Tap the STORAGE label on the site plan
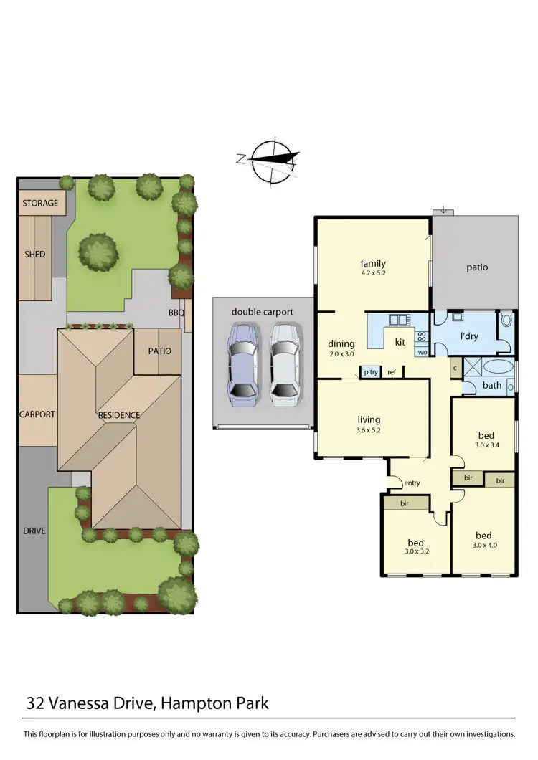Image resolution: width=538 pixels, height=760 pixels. coord(40,203)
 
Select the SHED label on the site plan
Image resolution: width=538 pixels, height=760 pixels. coord(34,254)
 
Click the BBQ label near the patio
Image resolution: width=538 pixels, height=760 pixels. coord(176,313)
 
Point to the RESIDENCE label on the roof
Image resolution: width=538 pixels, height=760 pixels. coord(119,414)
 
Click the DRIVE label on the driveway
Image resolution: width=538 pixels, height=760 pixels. coord(34,531)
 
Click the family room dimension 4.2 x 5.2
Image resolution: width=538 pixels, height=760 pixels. coord(373,273)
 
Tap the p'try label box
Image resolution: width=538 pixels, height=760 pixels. coord(370,372)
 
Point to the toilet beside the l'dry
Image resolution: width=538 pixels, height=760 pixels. coord(506,320)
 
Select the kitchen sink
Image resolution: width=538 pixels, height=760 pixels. coord(398,319)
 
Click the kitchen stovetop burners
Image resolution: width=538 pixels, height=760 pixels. coord(421,336)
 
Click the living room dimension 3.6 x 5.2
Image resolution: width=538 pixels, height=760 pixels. coord(369,430)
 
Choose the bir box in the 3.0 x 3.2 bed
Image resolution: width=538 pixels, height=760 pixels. coord(405,503)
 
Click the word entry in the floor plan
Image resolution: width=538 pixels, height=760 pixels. coord(412,483)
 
